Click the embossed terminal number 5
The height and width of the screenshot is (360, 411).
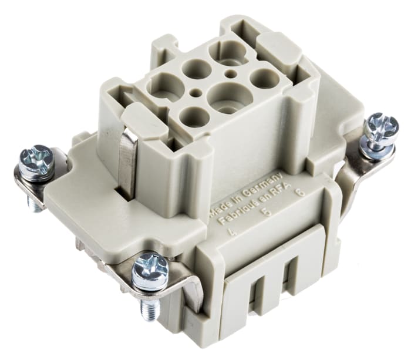pyautogui.click(x=268, y=213)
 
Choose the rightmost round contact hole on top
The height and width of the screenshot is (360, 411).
pyautogui.click(x=262, y=78)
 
